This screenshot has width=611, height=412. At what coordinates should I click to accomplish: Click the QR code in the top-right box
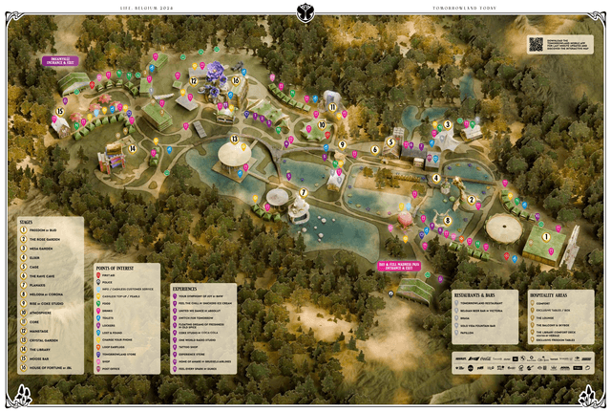535,43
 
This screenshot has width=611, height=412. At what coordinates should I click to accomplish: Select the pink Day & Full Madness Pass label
401,265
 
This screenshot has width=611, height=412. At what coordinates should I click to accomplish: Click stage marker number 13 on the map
234,140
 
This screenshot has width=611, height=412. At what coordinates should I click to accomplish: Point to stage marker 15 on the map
59,112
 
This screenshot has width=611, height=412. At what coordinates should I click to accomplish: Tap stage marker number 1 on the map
547,236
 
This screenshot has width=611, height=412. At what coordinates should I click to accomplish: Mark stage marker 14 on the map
133,148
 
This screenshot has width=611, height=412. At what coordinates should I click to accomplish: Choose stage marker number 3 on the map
447,124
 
